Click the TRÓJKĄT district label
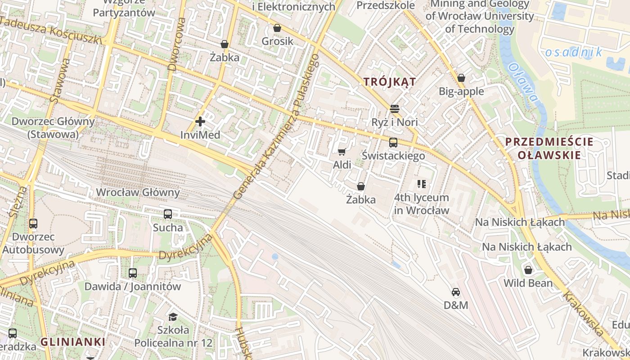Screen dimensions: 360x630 pyautogui.click(x=389, y=81)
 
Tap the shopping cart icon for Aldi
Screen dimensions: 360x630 pyautogui.click(x=342, y=152)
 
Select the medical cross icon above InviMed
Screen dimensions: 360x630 pyautogui.click(x=200, y=121)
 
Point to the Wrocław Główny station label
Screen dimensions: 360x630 pyautogui.click(x=138, y=193)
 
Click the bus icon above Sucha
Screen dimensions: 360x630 pyautogui.click(x=168, y=214)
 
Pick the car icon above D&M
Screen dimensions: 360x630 pyautogui.click(x=456, y=292)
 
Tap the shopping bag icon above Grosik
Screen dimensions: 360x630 pyautogui.click(x=277, y=28)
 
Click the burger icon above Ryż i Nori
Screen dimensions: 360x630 pyautogui.click(x=395, y=108)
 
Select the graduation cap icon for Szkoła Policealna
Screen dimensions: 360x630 pyautogui.click(x=173, y=317)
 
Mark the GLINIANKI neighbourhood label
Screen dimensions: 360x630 pyautogui.click(x=73, y=342)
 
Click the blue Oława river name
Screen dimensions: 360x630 pyautogui.click(x=522, y=82)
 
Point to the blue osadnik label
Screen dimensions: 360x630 pyautogui.click(x=574, y=52)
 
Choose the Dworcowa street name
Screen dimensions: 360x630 pyautogui.click(x=175, y=44)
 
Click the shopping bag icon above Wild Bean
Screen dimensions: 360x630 pyautogui.click(x=528, y=270)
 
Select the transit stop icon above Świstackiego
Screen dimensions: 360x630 pyautogui.click(x=393, y=143)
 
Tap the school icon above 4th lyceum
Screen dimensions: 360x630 pyautogui.click(x=422, y=184)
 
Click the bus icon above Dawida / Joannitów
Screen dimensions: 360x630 pyautogui.click(x=132, y=273)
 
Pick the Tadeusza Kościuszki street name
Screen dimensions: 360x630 pyautogui.click(x=51, y=30)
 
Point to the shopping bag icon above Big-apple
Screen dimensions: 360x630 pyautogui.click(x=461, y=78)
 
